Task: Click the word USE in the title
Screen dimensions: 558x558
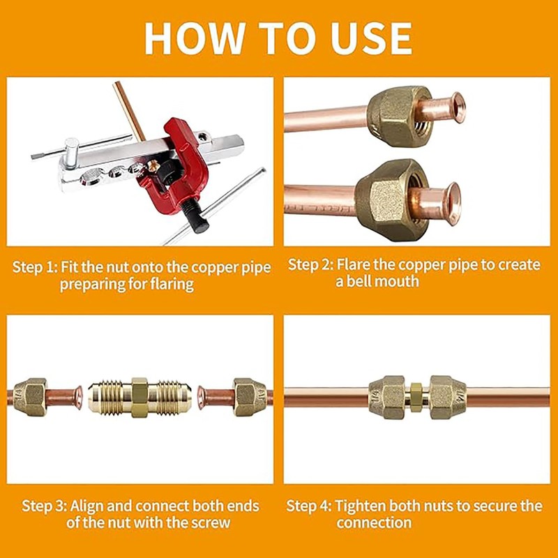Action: pos(372,38)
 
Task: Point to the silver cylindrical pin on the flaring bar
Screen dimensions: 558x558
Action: pos(72,152)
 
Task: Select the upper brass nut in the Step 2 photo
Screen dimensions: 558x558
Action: pos(398,116)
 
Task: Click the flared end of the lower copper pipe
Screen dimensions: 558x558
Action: pos(451,203)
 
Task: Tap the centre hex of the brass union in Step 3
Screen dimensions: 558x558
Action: pos(139,398)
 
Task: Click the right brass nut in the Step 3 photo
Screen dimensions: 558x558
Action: pos(250,397)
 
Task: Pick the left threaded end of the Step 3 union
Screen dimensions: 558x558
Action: pos(110,398)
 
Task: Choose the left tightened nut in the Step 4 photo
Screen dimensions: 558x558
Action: pos(387,397)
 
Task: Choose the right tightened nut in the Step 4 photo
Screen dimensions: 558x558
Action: pos(448,397)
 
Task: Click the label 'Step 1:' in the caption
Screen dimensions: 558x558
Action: pos(35,267)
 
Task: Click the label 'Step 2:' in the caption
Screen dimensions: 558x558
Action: pos(310,265)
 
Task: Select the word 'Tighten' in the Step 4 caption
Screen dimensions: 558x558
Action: pos(361,506)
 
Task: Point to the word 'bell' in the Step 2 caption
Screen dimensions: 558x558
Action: pos(359,281)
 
